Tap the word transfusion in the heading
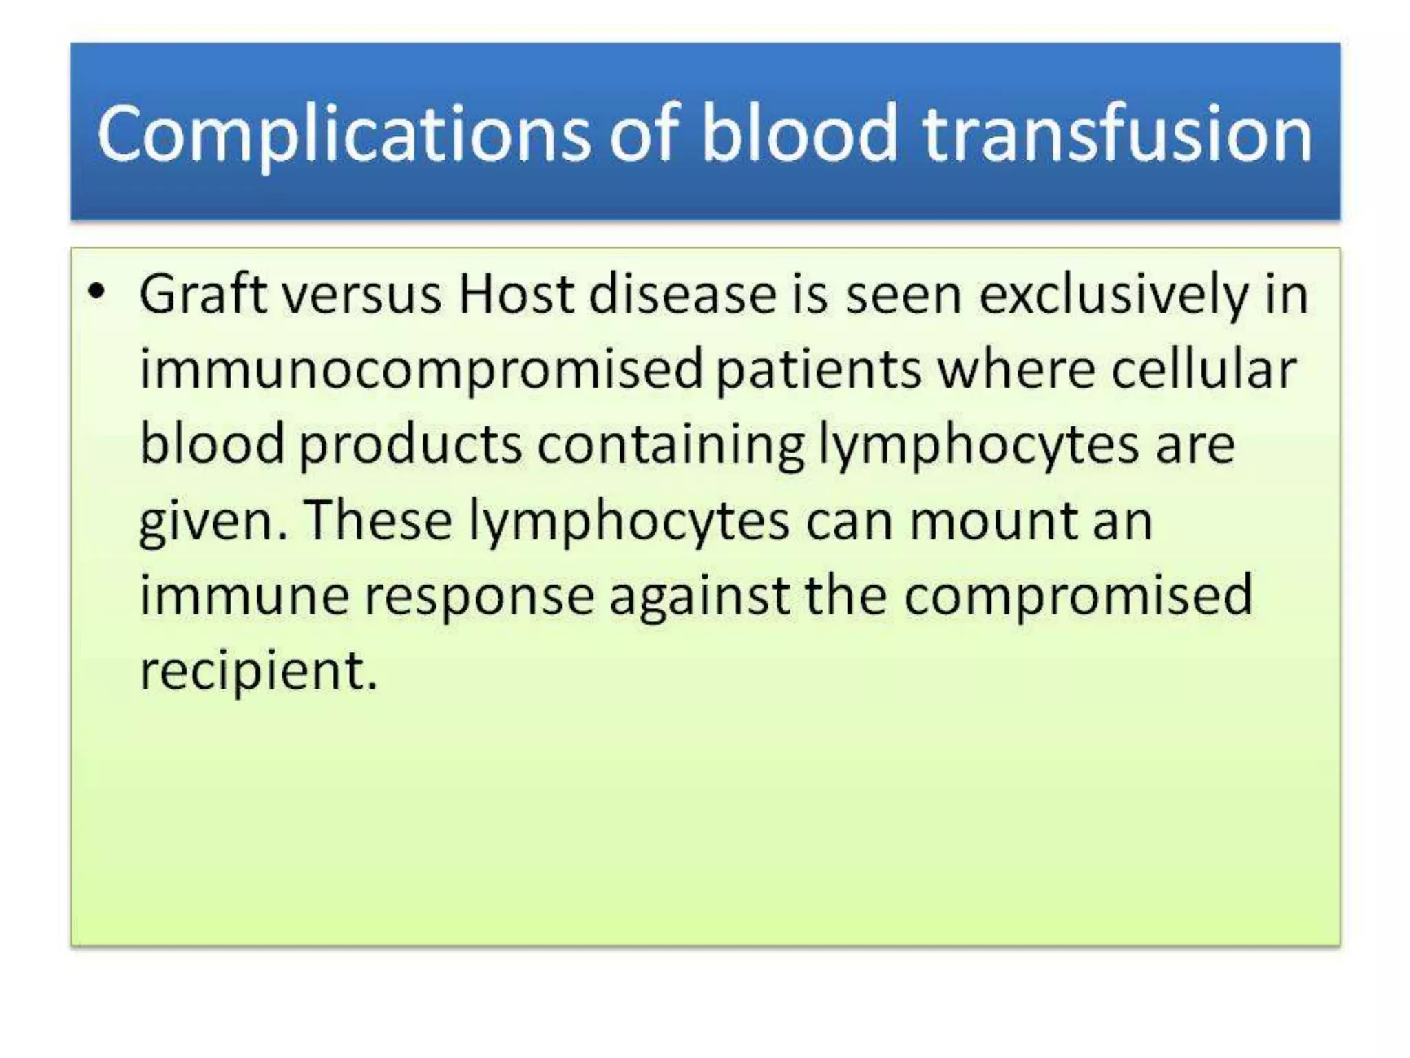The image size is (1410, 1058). [x=1117, y=134]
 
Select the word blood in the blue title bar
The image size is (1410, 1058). [x=799, y=134]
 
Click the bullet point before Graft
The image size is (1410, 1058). [x=97, y=292]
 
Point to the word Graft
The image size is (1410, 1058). [x=202, y=295]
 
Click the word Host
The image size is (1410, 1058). [x=516, y=295]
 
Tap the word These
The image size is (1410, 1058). [x=377, y=521]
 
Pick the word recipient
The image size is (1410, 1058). [x=258, y=671]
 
